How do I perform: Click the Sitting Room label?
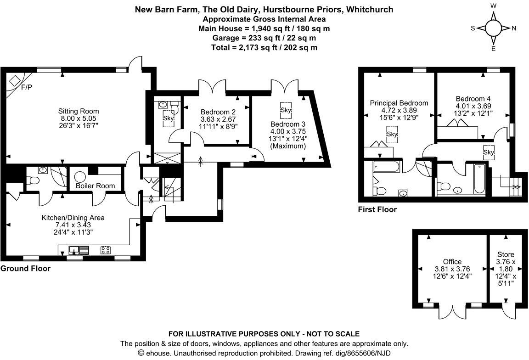pyautogui.click(x=78, y=111)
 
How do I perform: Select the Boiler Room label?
pyautogui.click(x=96, y=186)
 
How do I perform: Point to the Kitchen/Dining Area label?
pyautogui.click(x=73, y=218)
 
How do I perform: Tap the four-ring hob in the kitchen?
pyautogui.click(x=106, y=250)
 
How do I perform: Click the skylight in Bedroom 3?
pyautogui.click(x=286, y=110)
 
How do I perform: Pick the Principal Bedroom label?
pyautogui.click(x=399, y=103)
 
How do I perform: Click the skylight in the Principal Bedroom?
pyautogui.click(x=392, y=134)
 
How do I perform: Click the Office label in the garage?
pyautogui.click(x=452, y=262)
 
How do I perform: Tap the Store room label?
pyautogui.click(x=506, y=254)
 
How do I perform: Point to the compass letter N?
pyautogui.click(x=514, y=28)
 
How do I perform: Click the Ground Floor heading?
pyautogui.click(x=26, y=269)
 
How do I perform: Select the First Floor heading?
pyautogui.click(x=377, y=210)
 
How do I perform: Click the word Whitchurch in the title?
pyautogui.click(x=370, y=9)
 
